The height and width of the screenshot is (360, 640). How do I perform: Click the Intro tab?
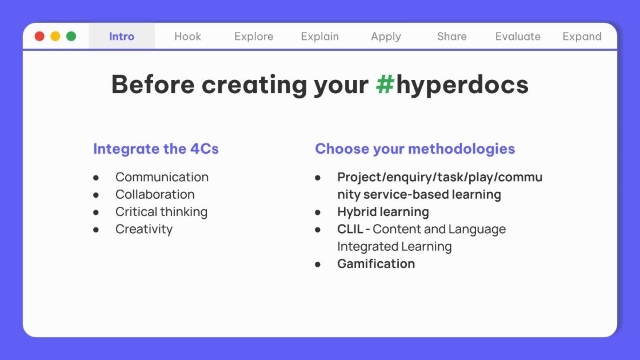tap(122, 37)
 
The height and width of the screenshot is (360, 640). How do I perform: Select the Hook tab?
tap(187, 37)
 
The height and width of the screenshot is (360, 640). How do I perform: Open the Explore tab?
tap(254, 37)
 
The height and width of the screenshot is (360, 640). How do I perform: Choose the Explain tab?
tap(320, 37)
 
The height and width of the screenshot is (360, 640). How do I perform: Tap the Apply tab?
tap(386, 37)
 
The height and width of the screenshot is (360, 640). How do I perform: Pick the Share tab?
tap(452, 37)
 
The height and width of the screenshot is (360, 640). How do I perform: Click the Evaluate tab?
tap(518, 37)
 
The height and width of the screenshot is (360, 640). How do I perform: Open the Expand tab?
tap(582, 37)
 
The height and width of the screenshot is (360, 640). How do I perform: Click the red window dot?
tap(39, 37)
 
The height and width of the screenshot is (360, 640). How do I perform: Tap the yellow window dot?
tap(55, 37)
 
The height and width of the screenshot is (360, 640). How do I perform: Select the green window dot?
tap(71, 37)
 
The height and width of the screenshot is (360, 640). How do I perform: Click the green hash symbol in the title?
tap(385, 85)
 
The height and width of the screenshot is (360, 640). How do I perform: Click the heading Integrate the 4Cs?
tap(156, 149)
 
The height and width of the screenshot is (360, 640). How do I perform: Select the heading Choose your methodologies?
tap(415, 149)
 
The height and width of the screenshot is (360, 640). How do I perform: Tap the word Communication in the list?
tap(162, 177)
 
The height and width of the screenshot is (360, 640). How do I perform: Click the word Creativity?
tap(144, 229)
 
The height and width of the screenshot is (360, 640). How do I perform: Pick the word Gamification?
tap(376, 264)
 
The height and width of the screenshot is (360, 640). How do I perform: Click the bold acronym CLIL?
tap(350, 229)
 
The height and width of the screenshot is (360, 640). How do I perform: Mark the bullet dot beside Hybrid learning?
tap(318, 212)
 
